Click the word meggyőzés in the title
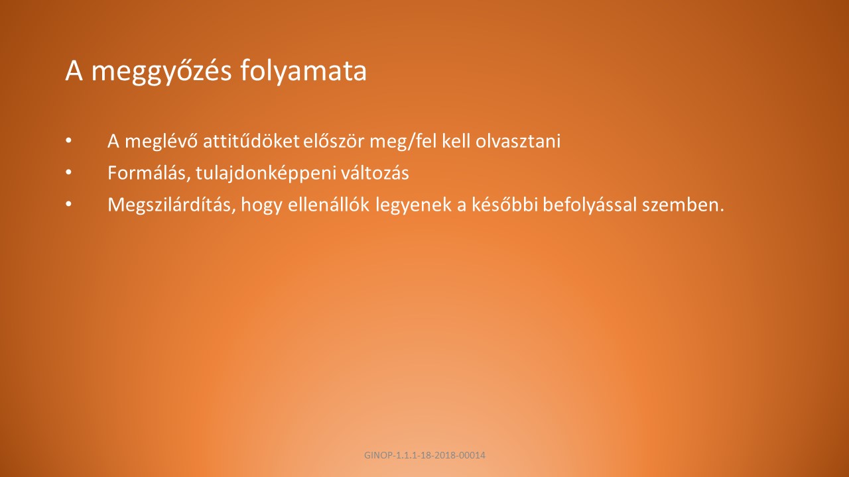point(161,71)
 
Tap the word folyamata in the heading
point(304,71)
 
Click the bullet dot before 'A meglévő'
point(68,140)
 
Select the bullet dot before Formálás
point(68,172)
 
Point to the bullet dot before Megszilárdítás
point(68,204)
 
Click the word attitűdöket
point(251,141)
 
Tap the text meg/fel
point(403,142)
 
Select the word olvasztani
point(518,141)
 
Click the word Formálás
point(149,174)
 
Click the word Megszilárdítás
point(172,205)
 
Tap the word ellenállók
point(328,205)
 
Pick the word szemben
point(683,205)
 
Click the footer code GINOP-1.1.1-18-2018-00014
point(424,455)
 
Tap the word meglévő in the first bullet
point(161,142)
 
